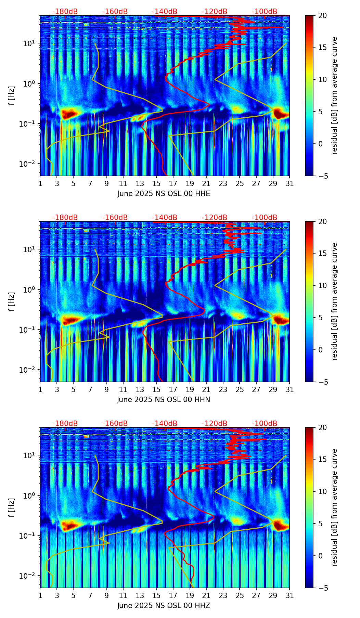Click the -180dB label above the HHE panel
pyautogui.click(x=65, y=12)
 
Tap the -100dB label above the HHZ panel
pyautogui.click(x=265, y=424)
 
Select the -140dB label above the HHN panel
pyautogui.click(x=165, y=218)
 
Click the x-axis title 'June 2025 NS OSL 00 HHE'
pyautogui.click(x=164, y=194)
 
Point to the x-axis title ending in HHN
pyautogui.click(x=164, y=400)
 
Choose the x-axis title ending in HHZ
pyautogui.click(x=164, y=606)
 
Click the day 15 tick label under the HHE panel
pyautogui.click(x=156, y=184)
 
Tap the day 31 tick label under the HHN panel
pyautogui.click(x=289, y=390)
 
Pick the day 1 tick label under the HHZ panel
pyautogui.click(x=40, y=596)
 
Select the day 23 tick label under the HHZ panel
pyautogui.click(x=223, y=596)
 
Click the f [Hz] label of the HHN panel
pyautogui.click(x=12, y=301)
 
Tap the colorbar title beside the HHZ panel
pyautogui.click(x=334, y=507)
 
